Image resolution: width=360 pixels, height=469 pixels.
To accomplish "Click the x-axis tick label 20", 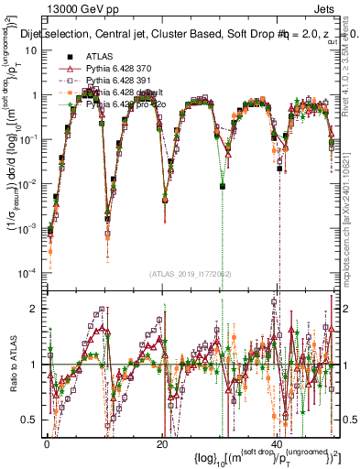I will (x=162, y=443).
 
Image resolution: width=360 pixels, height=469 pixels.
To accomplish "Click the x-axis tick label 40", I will (x=277, y=443).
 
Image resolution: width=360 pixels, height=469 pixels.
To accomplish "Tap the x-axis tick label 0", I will (x=48, y=443).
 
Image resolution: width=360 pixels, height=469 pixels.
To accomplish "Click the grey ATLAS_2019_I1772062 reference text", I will (x=190, y=273).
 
